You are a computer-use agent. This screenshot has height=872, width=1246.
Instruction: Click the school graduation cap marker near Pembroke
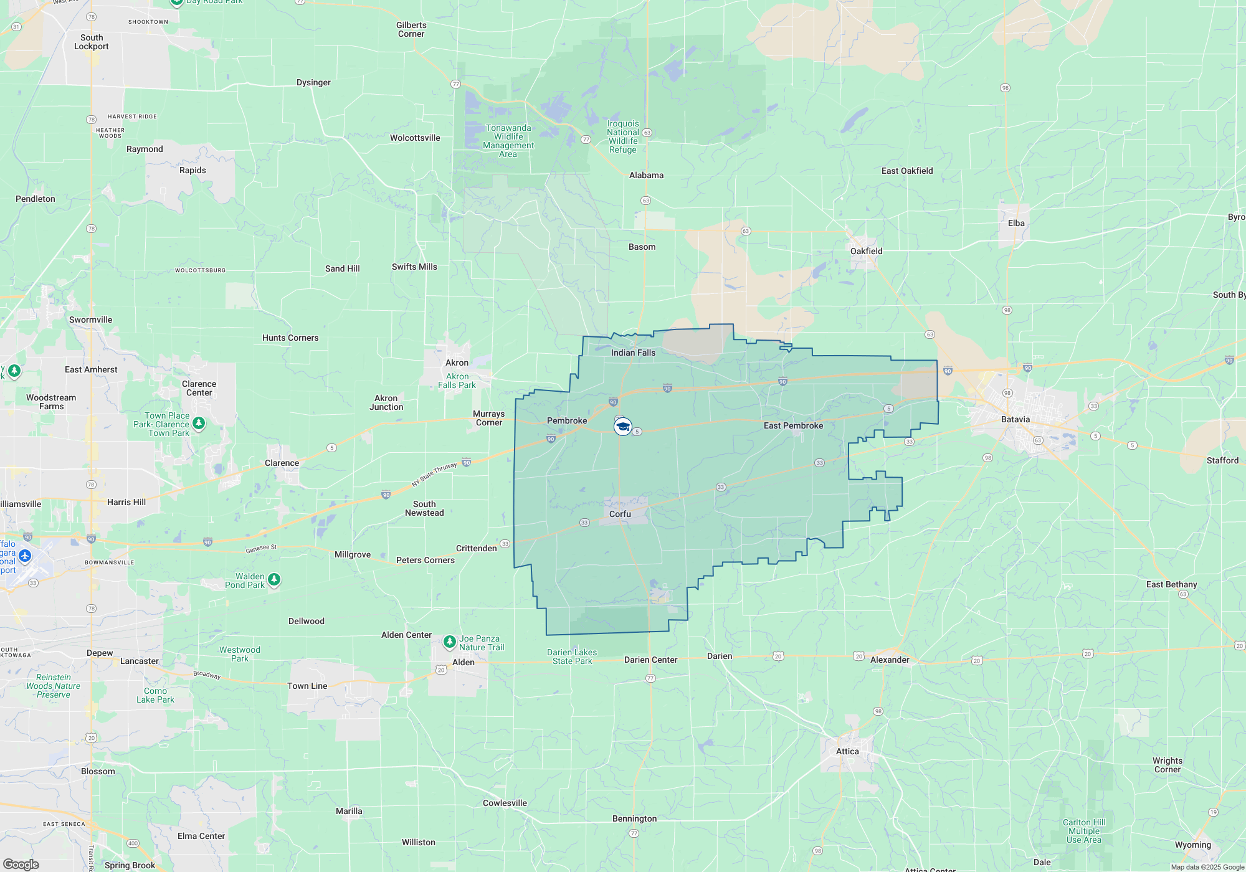623,427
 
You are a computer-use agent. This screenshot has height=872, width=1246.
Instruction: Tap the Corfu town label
620,514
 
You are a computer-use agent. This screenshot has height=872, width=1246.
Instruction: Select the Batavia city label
1015,419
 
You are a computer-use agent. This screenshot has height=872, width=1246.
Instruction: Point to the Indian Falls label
633,353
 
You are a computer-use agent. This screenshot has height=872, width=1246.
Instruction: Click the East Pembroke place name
793,425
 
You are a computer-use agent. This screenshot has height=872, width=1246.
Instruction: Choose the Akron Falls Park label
457,381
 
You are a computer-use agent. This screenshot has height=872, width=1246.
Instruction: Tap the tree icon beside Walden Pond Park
273,580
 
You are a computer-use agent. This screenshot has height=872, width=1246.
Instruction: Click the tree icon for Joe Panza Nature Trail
449,642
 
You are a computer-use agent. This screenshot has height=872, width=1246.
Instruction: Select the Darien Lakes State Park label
572,656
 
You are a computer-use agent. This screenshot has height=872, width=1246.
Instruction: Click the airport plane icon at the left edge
25,555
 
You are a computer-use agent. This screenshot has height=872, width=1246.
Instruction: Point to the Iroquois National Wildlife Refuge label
623,136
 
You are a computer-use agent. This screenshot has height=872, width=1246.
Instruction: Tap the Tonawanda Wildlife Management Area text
508,141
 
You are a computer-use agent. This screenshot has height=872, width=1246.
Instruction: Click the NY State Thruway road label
434,475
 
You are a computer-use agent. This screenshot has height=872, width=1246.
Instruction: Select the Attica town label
847,751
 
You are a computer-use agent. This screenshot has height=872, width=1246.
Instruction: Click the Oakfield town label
866,251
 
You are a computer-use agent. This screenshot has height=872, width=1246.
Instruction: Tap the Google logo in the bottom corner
21,865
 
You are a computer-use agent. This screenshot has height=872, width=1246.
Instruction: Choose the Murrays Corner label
488,418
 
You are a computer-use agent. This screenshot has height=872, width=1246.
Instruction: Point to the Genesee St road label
261,548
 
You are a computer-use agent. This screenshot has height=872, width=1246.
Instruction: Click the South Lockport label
91,42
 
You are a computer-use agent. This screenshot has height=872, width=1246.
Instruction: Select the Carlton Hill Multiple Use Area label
1084,831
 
